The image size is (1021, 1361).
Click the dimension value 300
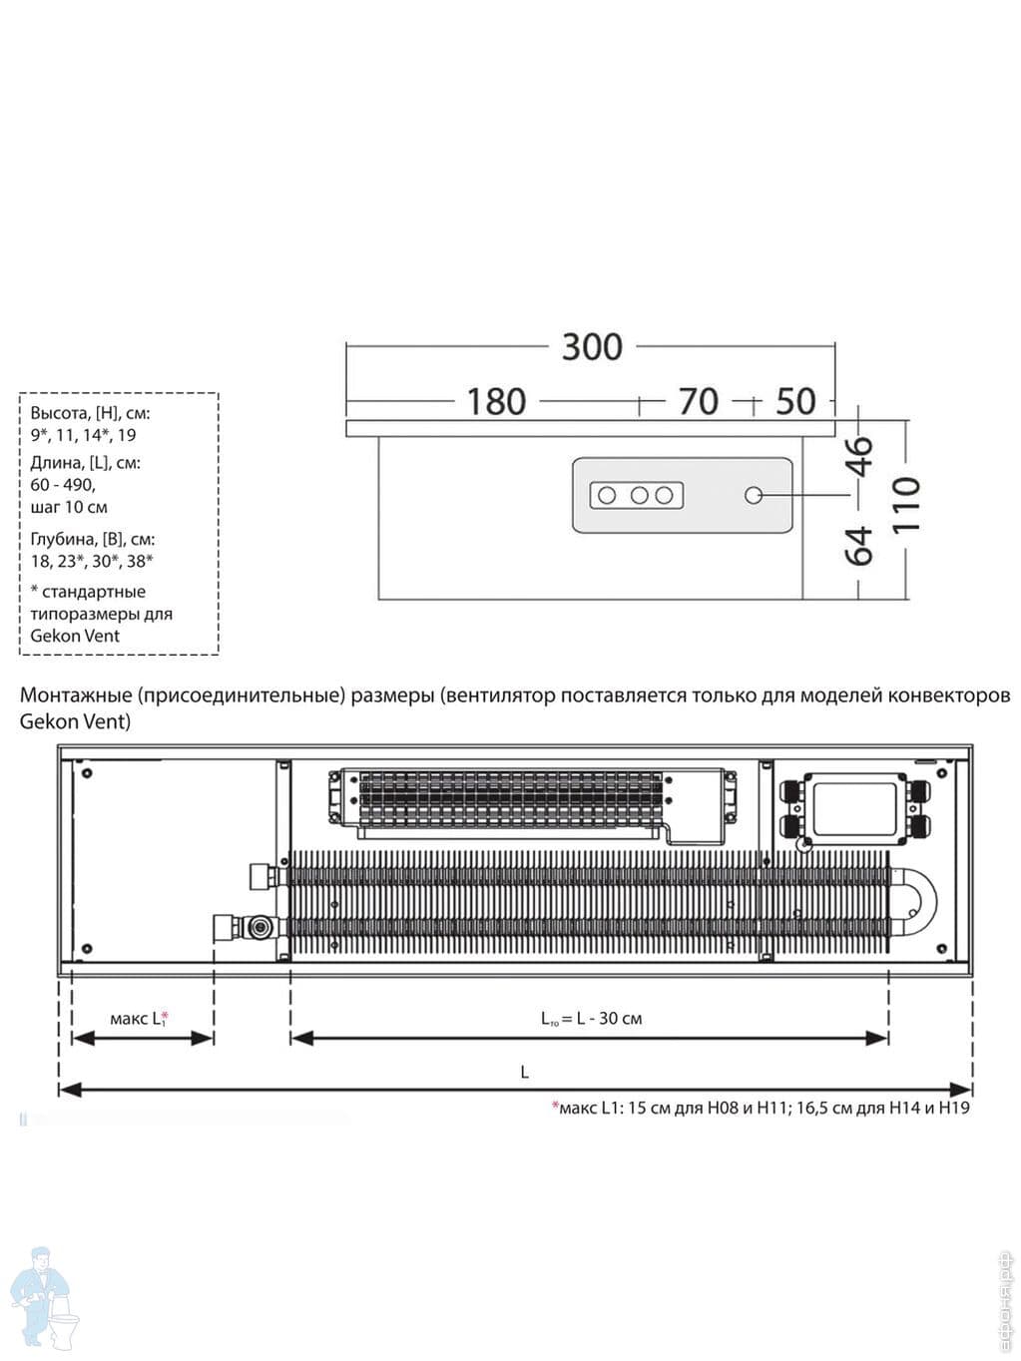(592, 347)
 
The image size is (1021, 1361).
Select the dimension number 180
(496, 402)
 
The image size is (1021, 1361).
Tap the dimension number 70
(698, 402)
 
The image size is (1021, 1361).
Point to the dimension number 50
(795, 402)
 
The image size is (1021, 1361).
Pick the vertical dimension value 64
(860, 545)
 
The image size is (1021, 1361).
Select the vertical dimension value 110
(905, 505)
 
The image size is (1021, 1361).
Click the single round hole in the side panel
(754, 495)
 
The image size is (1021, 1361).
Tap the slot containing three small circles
(637, 495)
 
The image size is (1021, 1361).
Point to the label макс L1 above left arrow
(139, 1019)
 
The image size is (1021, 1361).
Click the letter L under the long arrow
(524, 1073)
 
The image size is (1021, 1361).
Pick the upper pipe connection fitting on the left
(265, 877)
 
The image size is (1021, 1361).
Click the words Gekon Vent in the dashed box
(75, 636)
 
